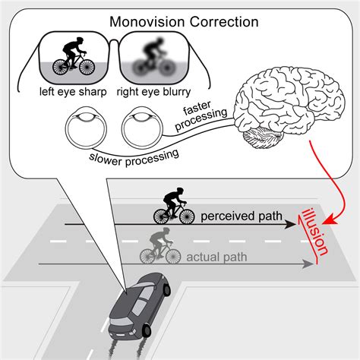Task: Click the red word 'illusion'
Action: pos(314,229)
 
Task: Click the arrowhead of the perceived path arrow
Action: pos(291,226)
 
